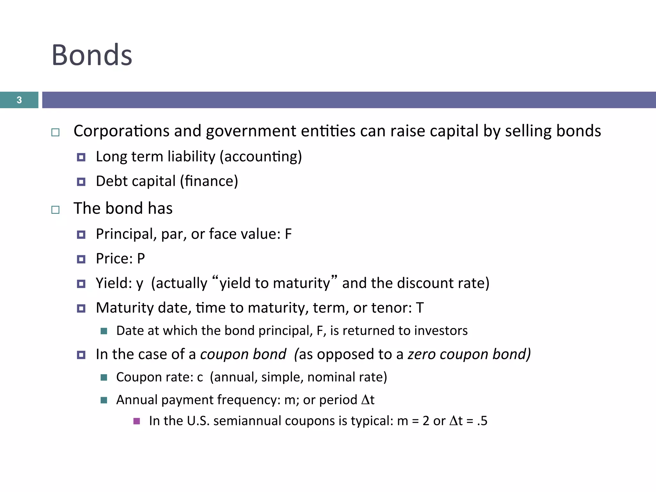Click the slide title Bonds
(92, 55)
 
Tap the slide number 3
(19, 100)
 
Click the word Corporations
(121, 131)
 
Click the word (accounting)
(261, 157)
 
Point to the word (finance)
(209, 181)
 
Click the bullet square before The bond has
(55, 210)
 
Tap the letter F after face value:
(288, 234)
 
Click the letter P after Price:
(141, 259)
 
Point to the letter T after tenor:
(420, 308)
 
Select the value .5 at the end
(482, 421)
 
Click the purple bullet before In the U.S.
(137, 421)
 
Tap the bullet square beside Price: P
(81, 259)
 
